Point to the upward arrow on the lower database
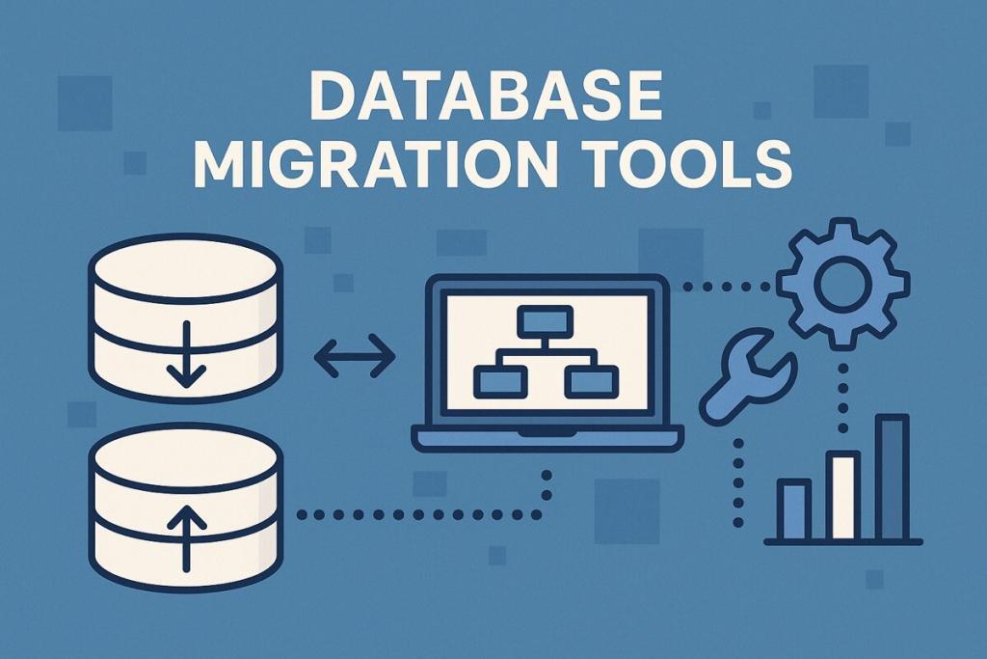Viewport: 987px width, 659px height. [186, 539]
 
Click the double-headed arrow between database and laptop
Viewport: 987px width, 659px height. [355, 356]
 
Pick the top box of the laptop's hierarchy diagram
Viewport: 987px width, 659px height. [546, 320]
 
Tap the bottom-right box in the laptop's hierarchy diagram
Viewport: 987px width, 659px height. [592, 382]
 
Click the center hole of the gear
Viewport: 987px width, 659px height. [842, 283]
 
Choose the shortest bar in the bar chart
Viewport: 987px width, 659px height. [794, 509]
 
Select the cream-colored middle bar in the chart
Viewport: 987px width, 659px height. [843, 496]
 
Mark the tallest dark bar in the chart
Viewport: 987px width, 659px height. [894, 478]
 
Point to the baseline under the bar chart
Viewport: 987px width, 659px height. [843, 541]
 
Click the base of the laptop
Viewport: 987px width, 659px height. [547, 438]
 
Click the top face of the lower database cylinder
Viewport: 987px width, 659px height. [186, 454]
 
